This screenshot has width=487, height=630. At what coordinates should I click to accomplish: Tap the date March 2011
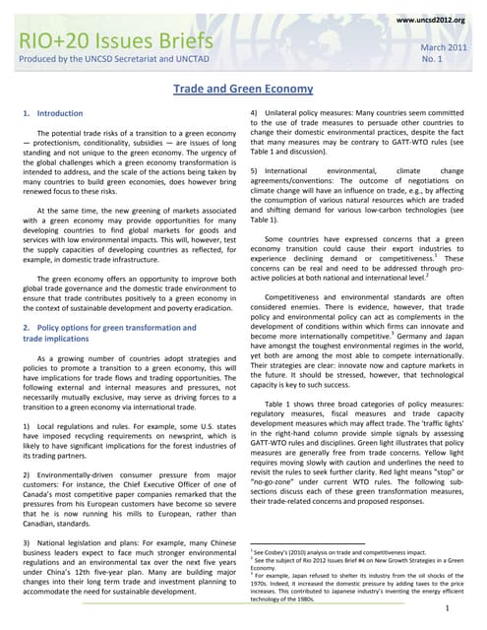coord(445,48)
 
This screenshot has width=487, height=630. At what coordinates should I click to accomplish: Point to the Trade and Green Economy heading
coord(243,89)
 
